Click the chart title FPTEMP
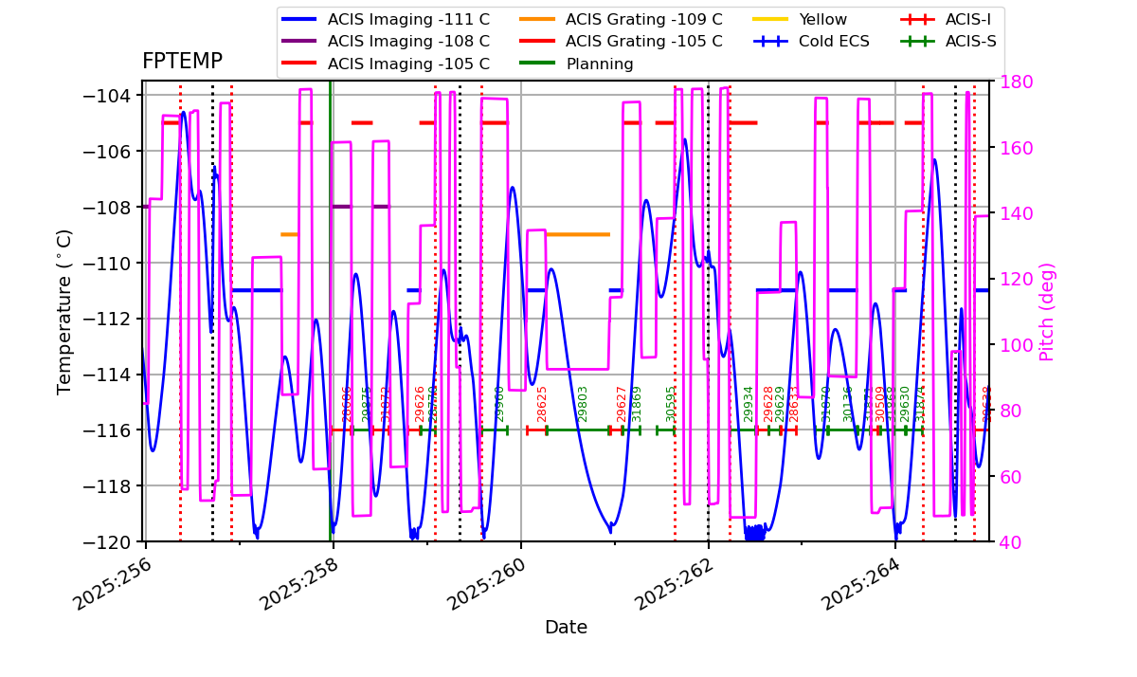point(182,62)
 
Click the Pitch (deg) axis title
point(1047,312)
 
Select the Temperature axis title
point(64,311)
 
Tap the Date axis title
point(566,628)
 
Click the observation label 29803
point(583,404)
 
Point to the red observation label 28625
point(543,404)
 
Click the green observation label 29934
point(749,404)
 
